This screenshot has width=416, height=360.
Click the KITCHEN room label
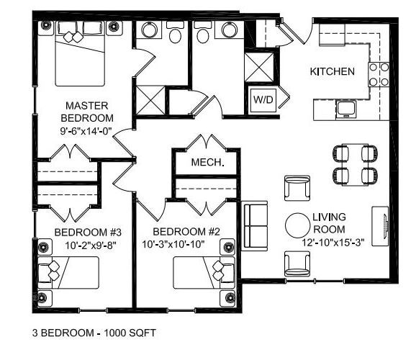pos(332,71)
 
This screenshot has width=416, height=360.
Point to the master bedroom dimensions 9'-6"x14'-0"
pos(86,132)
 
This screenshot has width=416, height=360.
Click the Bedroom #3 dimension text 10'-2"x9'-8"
pos(81,246)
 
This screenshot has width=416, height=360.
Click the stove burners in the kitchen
pos(379,73)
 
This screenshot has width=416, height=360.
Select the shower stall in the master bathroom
pos(150,100)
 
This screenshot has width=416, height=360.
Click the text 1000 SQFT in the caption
pos(129,334)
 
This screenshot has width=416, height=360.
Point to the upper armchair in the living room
pos(297,188)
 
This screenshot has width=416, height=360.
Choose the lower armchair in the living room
pos(297,262)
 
